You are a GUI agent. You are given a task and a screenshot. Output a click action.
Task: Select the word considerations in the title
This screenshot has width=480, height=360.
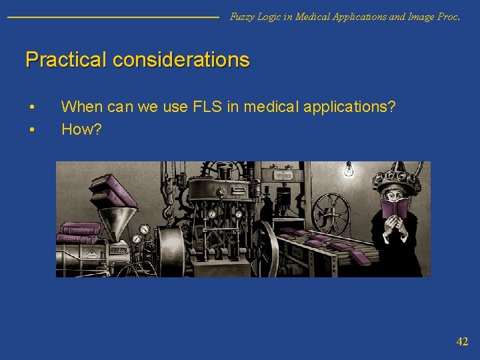tap(181, 60)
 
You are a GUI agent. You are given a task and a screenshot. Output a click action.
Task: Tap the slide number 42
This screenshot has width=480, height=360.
tap(462, 341)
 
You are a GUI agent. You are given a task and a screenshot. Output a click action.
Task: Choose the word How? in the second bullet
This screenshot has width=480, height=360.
tap(81, 129)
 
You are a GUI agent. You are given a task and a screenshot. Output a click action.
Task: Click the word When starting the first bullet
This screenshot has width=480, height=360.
tap(81, 106)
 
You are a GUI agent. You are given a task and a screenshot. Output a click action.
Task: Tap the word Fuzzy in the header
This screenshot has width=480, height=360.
tap(242, 17)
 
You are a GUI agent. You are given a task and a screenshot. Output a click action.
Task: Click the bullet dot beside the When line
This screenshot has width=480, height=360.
tap(31, 107)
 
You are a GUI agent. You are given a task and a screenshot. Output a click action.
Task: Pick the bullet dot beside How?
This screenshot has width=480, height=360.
tap(31, 129)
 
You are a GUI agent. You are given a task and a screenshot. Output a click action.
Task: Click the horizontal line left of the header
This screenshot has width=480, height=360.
tap(113, 17)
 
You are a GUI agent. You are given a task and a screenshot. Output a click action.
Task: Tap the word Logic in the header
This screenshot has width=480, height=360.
tap(271, 17)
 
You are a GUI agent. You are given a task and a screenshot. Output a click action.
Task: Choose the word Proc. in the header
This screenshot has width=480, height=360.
tap(448, 17)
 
